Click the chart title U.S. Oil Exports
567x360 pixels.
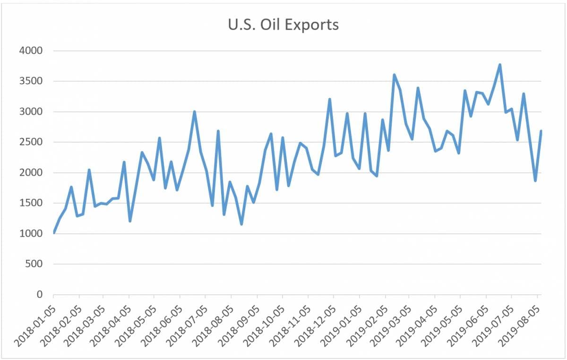[283, 24]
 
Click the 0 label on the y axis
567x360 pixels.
[39, 295]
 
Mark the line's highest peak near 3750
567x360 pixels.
[500, 65]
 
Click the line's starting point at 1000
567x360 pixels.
[54, 232]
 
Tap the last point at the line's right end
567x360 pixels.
[541, 131]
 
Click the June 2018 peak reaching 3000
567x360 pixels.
[194, 111]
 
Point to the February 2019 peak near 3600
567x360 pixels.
[394, 75]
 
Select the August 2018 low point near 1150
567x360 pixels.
[241, 224]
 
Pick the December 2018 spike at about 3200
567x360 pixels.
[329, 99]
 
